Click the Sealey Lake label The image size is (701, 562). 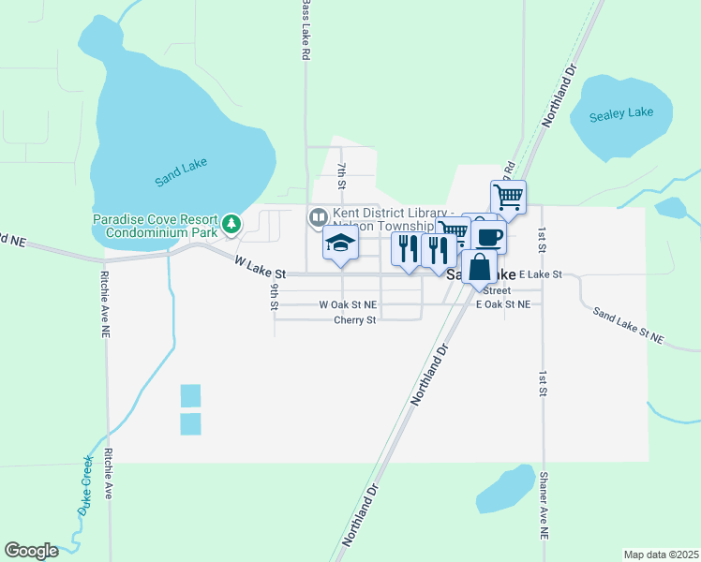click(621, 114)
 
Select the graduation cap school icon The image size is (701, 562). click(341, 244)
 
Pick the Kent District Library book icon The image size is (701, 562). click(319, 217)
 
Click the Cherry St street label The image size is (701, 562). click(354, 319)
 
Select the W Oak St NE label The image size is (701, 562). click(348, 304)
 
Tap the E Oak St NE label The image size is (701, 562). click(503, 304)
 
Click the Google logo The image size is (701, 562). click(32, 551)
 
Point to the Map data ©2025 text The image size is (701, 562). click(660, 555)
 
